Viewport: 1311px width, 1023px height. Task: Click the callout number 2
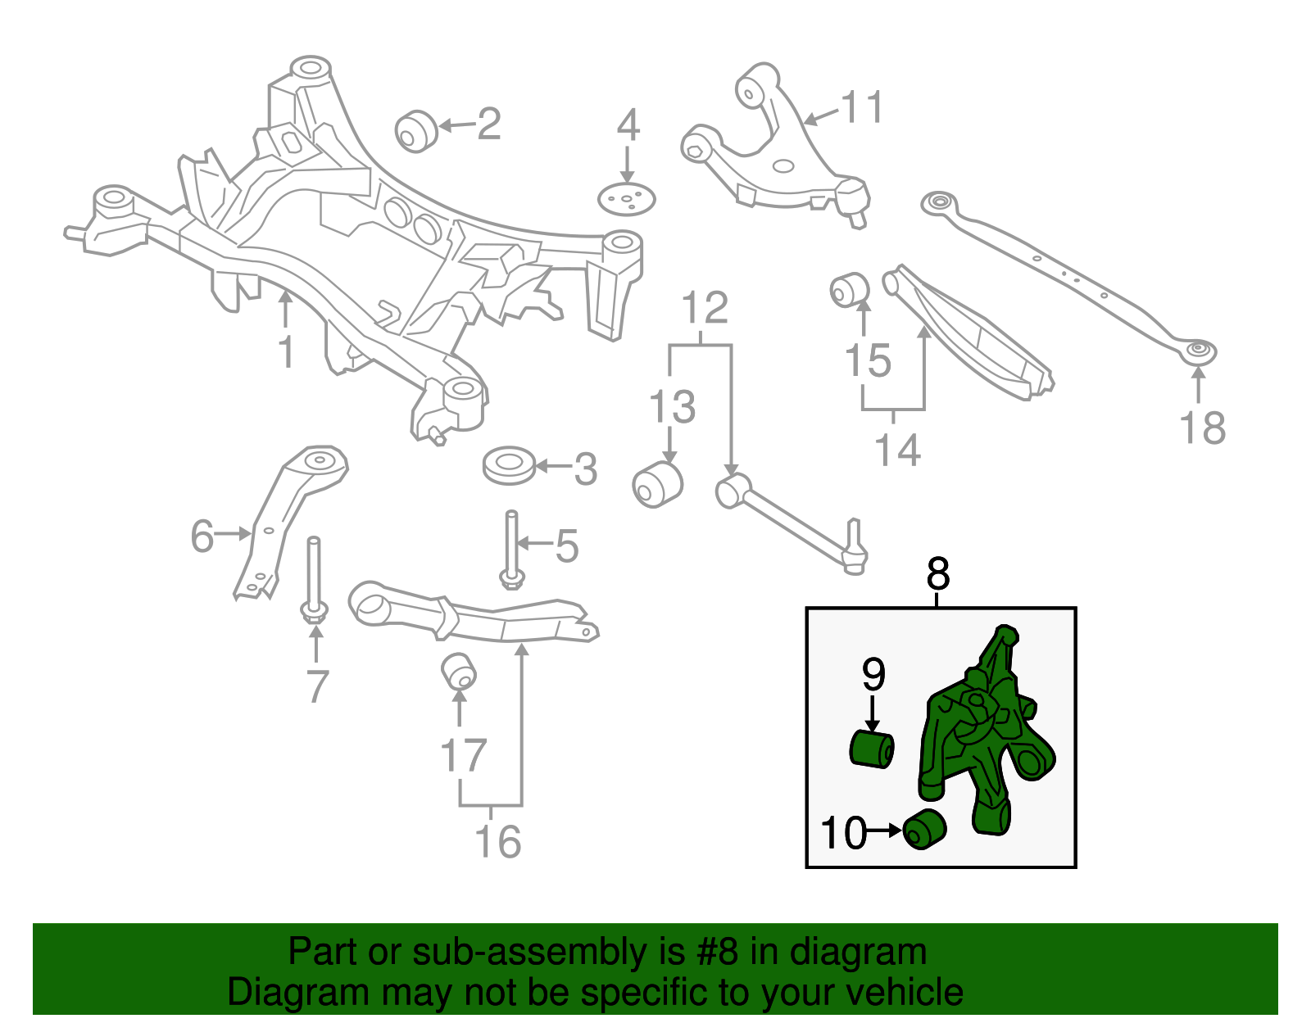pyautogui.click(x=488, y=124)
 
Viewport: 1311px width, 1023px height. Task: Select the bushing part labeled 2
pyautogui.click(x=416, y=131)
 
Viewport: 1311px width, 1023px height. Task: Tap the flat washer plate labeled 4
pyautogui.click(x=627, y=199)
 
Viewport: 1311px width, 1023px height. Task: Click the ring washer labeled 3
pyautogui.click(x=509, y=465)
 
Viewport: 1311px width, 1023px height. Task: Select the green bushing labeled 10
pyautogui.click(x=925, y=828)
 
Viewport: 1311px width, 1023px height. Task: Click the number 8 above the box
pyautogui.click(x=938, y=574)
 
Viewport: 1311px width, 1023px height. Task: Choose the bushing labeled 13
pyautogui.click(x=657, y=484)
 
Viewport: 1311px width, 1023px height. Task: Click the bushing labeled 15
pyautogui.click(x=850, y=289)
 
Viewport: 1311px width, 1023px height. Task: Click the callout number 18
pyautogui.click(x=1202, y=428)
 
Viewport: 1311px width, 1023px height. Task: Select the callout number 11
pyautogui.click(x=863, y=108)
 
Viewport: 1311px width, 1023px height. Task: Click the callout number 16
pyautogui.click(x=497, y=841)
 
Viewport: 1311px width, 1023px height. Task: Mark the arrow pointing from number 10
pyautogui.click(x=884, y=831)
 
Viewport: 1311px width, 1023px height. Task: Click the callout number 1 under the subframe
pyautogui.click(x=285, y=353)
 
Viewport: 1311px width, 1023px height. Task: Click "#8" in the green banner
pyautogui.click(x=718, y=953)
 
